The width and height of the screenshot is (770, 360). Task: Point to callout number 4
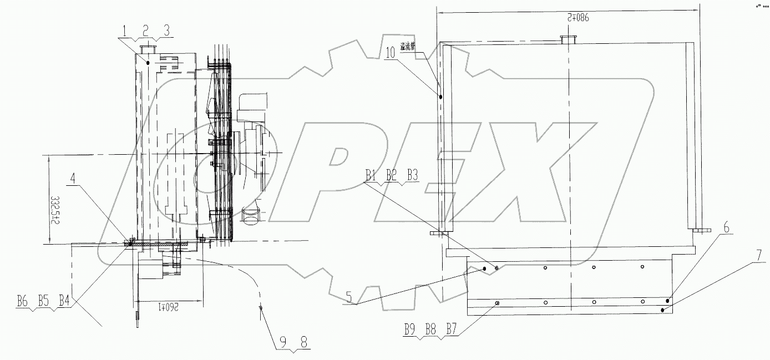74,179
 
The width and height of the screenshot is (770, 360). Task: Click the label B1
371,175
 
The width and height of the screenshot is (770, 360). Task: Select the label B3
412,175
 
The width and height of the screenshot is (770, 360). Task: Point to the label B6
22,302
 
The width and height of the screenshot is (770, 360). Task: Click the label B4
64,302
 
